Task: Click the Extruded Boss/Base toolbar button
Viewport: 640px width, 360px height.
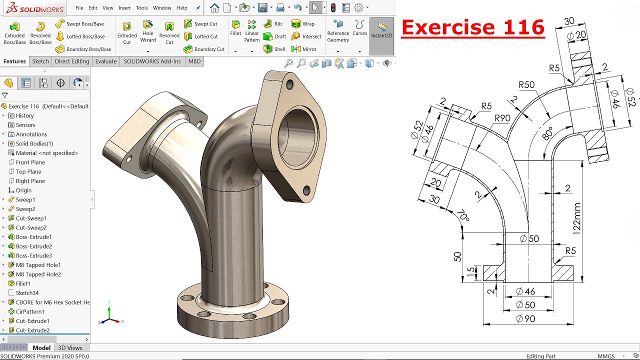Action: pos(14,32)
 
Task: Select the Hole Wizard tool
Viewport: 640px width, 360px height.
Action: pos(148,31)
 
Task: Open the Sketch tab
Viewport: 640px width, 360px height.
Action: pos(40,61)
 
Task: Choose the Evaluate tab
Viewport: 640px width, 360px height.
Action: pos(106,61)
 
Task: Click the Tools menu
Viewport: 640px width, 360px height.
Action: pos(141,8)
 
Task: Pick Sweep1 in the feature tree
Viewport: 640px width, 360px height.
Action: pos(25,199)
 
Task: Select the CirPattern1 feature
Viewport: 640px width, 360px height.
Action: pos(30,311)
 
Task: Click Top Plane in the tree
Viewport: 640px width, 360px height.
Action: pos(28,171)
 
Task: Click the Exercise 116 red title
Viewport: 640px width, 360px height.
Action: pos(472,27)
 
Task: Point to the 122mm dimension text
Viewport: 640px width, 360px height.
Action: pos(577,218)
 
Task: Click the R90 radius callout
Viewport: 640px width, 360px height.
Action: pos(502,118)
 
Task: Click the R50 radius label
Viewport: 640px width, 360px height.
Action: pos(526,85)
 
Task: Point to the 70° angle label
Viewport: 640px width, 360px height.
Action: pos(462,216)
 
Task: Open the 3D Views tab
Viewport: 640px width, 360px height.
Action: pos(70,348)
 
